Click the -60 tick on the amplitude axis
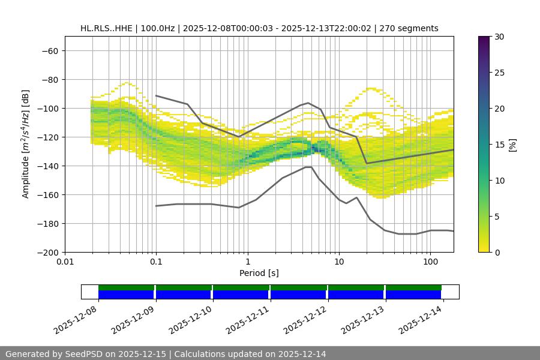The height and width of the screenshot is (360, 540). pyautogui.click(x=49, y=50)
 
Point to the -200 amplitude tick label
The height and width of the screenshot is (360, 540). pyautogui.click(x=47, y=252)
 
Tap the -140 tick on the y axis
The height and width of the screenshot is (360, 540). pyautogui.click(x=47, y=166)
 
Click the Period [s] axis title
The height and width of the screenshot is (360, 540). pyautogui.click(x=259, y=273)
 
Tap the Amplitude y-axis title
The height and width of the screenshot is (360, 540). pyautogui.click(x=26, y=144)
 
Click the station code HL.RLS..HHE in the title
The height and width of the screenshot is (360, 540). pyautogui.click(x=110, y=28)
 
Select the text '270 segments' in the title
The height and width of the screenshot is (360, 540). pyautogui.click(x=413, y=28)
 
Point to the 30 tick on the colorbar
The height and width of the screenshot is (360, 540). pyautogui.click(x=499, y=37)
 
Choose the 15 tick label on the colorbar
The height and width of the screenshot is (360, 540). pyautogui.click(x=499, y=144)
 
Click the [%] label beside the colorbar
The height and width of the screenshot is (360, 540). pyautogui.click(x=513, y=144)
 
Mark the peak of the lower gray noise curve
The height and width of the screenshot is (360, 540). pyautogui.click(x=308, y=167)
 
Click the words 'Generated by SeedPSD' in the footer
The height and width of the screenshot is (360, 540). pyautogui.click(x=53, y=354)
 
